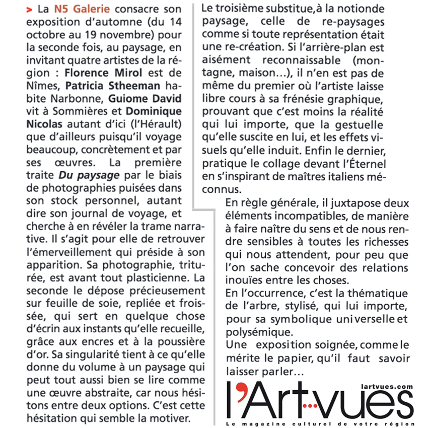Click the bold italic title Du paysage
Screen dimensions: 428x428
tap(89, 175)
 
